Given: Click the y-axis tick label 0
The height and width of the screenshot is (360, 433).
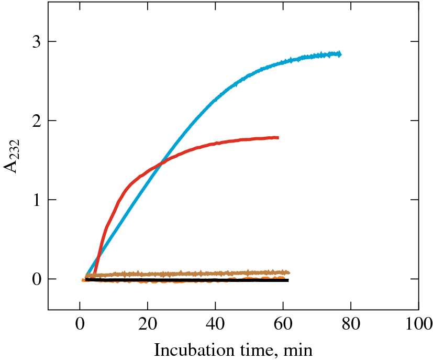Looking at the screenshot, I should click(x=36, y=279).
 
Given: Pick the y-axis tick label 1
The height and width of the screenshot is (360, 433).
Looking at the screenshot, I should click(x=36, y=200).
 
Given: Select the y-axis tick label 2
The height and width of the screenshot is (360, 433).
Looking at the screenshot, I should click(x=36, y=121).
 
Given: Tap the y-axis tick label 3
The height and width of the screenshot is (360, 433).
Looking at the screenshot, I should click(x=36, y=42).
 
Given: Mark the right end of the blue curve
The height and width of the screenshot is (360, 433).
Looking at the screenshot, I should click(x=340, y=54).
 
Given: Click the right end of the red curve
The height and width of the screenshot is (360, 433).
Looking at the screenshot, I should click(x=278, y=138).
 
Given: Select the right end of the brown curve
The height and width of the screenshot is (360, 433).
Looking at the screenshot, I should click(x=288, y=272).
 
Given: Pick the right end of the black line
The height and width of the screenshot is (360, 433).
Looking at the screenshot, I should click(x=288, y=281).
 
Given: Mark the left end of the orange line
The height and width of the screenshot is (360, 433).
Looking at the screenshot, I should click(x=83, y=280).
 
